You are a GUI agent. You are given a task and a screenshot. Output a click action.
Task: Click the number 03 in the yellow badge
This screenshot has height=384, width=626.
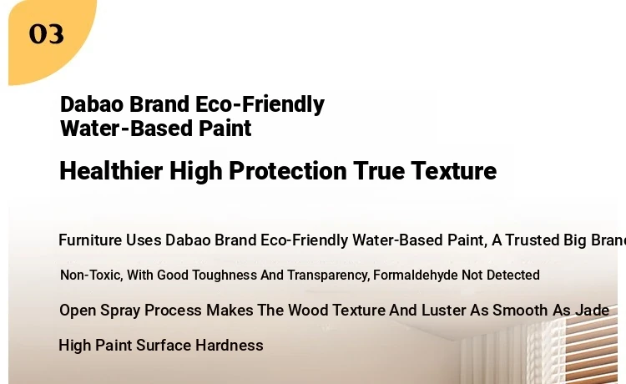click(x=46, y=34)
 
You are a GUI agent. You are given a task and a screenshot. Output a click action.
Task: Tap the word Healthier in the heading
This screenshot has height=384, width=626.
click(x=111, y=171)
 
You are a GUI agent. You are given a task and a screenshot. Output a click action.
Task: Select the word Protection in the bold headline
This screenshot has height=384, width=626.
click(x=288, y=171)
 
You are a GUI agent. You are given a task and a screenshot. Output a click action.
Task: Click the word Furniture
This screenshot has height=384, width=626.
click(x=90, y=240)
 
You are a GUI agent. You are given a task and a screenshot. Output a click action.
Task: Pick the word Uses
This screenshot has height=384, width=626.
click(x=144, y=240)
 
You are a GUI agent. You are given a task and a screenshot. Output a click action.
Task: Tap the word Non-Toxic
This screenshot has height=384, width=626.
click(x=92, y=275)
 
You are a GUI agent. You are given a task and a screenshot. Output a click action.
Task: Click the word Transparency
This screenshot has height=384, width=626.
click(x=328, y=275)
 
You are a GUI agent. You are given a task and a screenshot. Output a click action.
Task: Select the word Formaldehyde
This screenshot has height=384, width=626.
click(x=415, y=275)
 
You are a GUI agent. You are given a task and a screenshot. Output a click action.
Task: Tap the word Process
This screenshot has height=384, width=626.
click(x=173, y=311)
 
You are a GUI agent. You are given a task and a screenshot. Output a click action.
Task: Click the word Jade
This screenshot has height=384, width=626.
click(x=592, y=311)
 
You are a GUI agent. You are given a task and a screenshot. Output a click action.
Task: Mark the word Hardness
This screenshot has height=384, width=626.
click(x=230, y=346)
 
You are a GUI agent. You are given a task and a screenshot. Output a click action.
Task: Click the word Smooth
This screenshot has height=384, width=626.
click(x=520, y=311)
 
